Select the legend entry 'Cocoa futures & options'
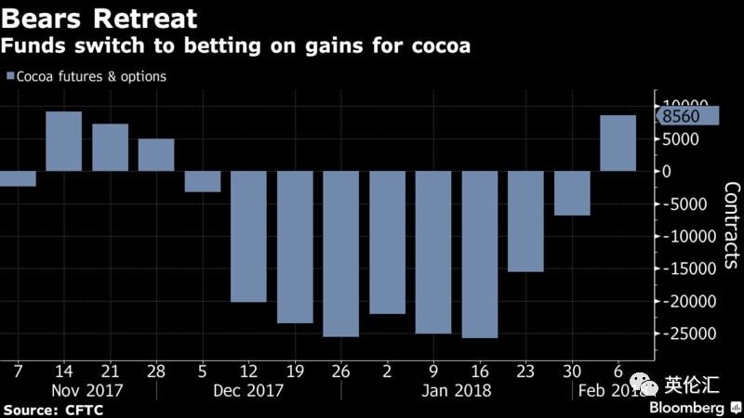[91, 76]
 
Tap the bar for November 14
[64, 141]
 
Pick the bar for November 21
[110, 147]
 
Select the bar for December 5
[202, 181]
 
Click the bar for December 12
[248, 236]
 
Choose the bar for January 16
[479, 255]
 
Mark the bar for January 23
[525, 221]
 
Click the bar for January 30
[572, 193]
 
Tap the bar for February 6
[618, 143]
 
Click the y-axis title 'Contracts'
[731, 228]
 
